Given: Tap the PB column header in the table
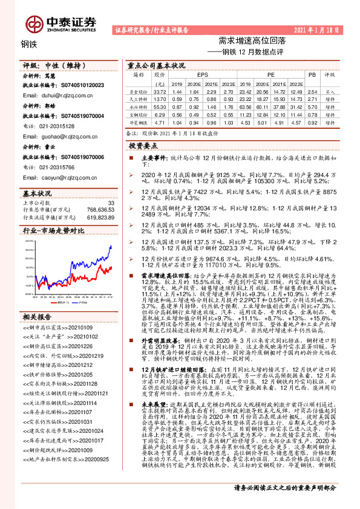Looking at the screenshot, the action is pos(312,74).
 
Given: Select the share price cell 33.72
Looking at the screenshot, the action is pos(160,90).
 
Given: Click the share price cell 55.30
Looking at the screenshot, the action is pos(160,106).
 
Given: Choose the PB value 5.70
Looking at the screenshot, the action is pos(312,106).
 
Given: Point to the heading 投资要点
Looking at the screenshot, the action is pos(143,146).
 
